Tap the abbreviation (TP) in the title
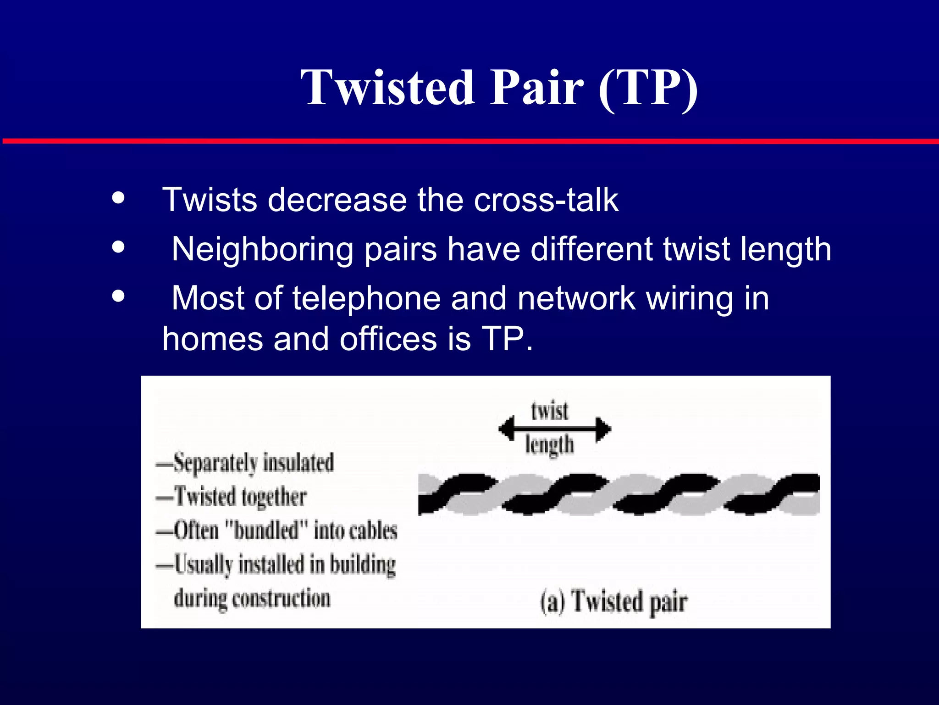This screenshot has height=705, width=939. [648, 88]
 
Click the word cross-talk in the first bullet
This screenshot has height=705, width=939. [546, 200]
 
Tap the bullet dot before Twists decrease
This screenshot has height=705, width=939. [118, 198]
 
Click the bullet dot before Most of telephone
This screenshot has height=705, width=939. [118, 296]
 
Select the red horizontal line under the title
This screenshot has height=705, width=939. [469, 141]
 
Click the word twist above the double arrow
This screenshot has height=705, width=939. [549, 410]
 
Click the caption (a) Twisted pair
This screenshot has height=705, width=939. [613, 602]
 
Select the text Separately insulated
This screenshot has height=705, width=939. [254, 463]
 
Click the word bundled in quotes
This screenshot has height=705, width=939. [266, 531]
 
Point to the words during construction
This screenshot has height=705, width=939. [252, 599]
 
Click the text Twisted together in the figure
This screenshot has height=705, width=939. [240, 497]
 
